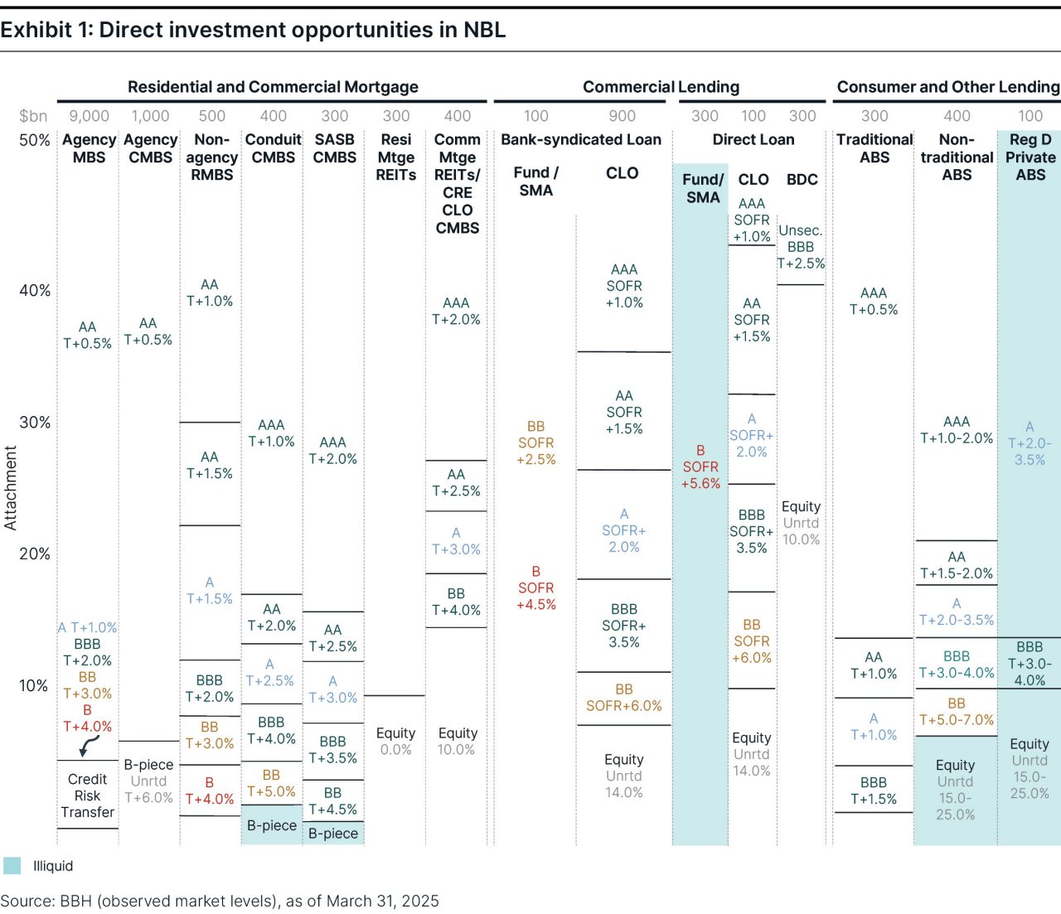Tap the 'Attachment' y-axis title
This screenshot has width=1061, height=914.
coord(11,487)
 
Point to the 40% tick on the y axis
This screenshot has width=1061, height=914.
coord(35,291)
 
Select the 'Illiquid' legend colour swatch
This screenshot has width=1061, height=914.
coord(12,866)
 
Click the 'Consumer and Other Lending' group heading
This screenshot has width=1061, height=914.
coord(947,87)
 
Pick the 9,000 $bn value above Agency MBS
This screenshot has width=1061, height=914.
coord(89,116)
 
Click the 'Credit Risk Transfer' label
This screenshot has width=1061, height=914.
coord(87,796)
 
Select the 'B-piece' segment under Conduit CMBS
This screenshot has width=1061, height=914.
coord(272,825)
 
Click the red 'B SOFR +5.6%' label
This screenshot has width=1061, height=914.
coord(700,467)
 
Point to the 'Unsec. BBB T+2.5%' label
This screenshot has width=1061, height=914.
coord(801,247)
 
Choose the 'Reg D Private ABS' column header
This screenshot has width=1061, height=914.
coord(1030,157)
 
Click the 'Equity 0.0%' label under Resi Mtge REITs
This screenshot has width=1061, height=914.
coord(395,742)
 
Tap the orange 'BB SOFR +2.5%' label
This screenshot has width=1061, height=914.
coord(536,442)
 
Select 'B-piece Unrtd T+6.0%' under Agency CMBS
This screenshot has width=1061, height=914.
coord(148,781)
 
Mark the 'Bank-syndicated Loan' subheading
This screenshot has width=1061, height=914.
coord(580,140)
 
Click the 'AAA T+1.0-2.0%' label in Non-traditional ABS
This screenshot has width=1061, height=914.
coord(957,430)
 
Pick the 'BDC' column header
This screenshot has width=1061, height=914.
coord(802,180)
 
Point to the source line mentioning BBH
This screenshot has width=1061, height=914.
coord(220,901)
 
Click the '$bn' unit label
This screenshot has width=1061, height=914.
coord(33,116)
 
